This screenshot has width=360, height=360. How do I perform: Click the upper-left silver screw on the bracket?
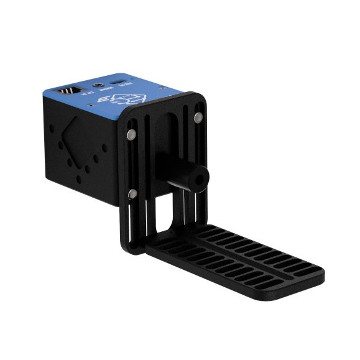[131, 134]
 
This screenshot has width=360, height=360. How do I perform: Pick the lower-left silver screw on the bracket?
[132, 195]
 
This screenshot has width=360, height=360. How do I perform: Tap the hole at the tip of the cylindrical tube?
[199, 177]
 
